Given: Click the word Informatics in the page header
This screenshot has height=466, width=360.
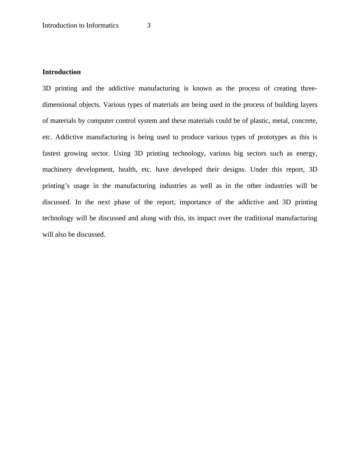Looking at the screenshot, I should pos(102,25).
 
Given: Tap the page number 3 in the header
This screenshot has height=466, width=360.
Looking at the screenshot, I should pos(149,25).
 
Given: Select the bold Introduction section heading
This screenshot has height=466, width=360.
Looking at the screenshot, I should pos(61,72).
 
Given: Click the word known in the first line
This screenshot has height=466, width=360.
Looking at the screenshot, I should pos(202,88).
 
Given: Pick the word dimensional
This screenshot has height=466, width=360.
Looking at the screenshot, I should pos(60,105).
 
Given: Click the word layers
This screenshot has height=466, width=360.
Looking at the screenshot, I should pos(309,105).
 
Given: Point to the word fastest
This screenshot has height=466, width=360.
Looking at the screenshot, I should pos(51,153).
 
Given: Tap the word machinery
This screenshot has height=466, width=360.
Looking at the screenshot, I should pos(57,169).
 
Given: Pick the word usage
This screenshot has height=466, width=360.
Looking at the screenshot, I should pos(81,186).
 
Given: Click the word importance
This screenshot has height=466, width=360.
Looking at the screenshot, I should pos(195,202).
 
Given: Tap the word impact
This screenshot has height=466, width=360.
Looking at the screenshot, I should pos(206,218).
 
